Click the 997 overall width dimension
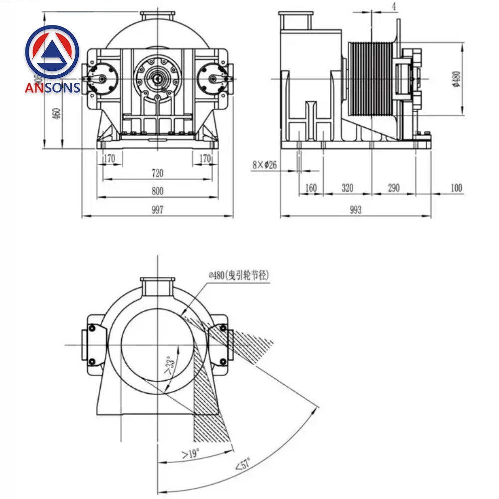coord(157,210)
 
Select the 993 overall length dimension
coord(355,210)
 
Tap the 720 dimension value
coord(157,173)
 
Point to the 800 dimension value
coord(157,191)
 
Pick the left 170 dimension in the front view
coord(109,159)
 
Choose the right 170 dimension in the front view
coord(205,159)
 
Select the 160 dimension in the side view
coord(310,188)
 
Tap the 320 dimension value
coord(347,188)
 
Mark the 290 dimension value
coord(394,188)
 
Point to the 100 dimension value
coord(456,188)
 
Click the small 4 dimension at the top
coord(394,7)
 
